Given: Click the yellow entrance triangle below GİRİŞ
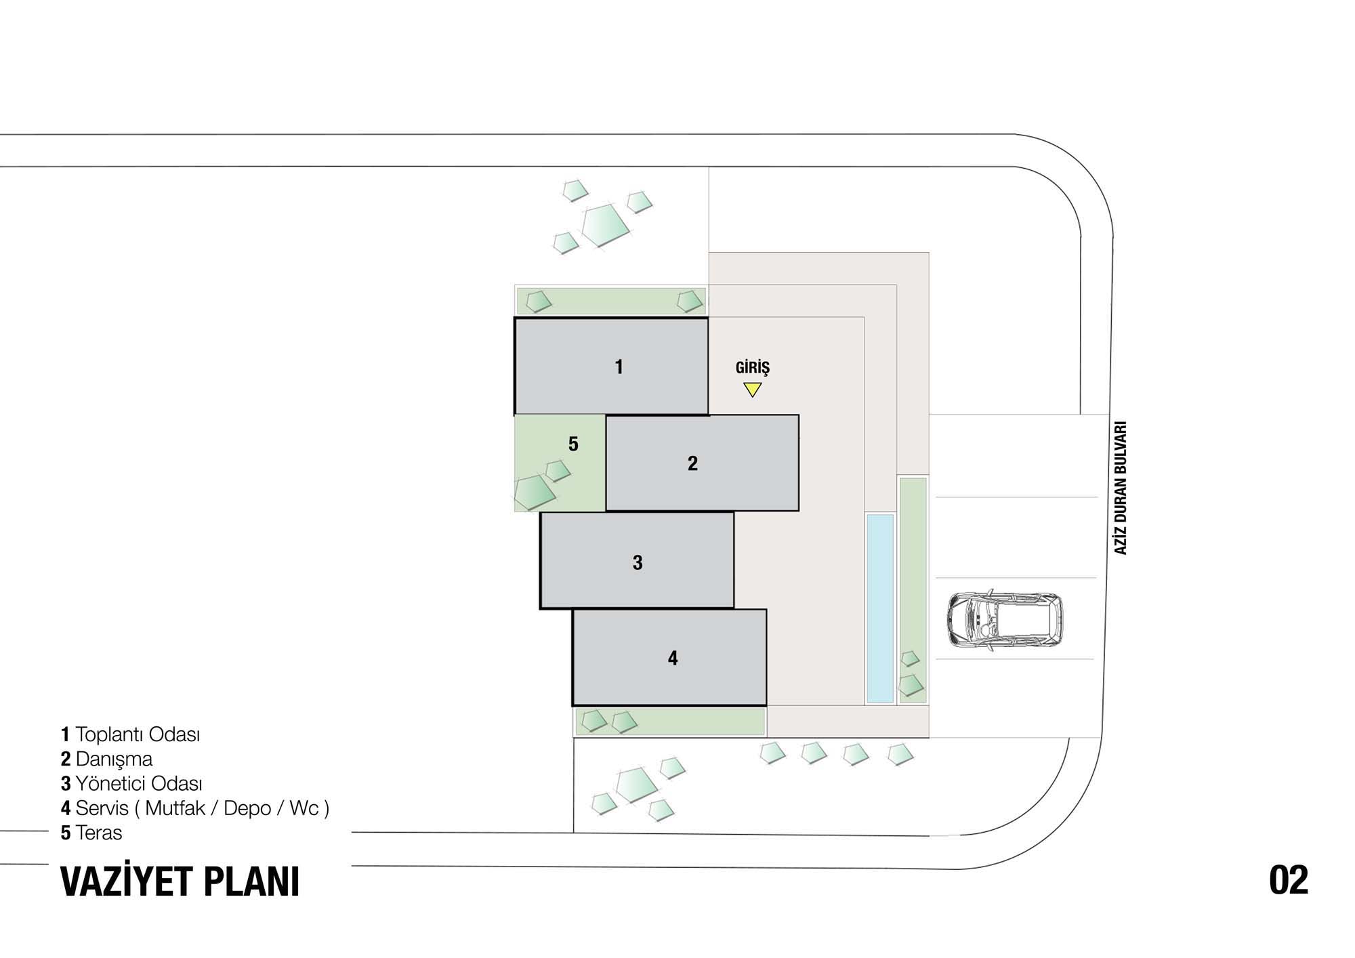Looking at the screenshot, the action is click(752, 390).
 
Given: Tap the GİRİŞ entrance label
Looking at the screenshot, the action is click(753, 367).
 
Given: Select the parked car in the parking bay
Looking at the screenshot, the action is click(1004, 620).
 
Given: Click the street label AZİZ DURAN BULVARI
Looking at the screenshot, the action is click(1121, 488).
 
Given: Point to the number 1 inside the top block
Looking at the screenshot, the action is click(619, 367).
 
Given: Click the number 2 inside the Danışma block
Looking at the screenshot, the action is click(692, 463).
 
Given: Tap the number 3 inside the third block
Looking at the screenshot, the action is click(638, 562).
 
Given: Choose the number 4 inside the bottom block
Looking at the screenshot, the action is click(673, 658).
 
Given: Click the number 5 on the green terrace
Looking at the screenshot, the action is click(573, 444).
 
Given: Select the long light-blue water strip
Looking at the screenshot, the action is click(880, 608).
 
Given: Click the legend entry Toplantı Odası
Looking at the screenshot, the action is click(138, 734).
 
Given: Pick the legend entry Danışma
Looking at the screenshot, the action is click(114, 759).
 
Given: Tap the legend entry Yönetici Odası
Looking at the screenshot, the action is click(139, 784).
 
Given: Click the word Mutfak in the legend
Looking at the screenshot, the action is click(175, 808).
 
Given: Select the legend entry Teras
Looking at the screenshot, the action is click(99, 833).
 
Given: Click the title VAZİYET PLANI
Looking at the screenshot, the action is click(180, 881).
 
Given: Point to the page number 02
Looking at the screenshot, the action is click(1289, 880).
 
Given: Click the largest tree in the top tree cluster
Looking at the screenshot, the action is click(606, 224).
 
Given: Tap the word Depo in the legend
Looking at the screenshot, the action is click(247, 808).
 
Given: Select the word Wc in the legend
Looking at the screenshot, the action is click(304, 808).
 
